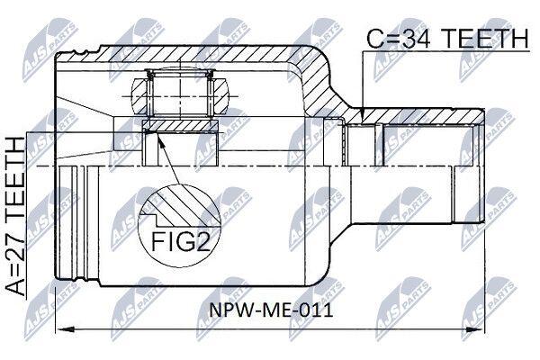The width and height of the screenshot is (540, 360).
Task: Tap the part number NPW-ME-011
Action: coord(272,310)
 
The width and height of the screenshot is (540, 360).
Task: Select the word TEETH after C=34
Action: coord(485,39)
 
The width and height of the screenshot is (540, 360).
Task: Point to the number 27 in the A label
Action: coord(15,247)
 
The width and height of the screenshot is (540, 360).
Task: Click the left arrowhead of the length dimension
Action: coord(66,329)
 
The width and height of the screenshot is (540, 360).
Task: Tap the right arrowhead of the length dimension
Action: coord(474,329)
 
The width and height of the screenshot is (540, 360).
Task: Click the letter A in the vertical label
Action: coord(15,286)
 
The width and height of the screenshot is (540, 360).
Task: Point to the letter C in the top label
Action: coord(376,39)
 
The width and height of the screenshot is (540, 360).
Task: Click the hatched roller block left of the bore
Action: coord(139,95)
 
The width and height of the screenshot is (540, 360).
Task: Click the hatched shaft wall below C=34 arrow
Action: coord(413,116)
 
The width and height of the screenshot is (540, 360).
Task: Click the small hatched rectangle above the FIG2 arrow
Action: coord(180,125)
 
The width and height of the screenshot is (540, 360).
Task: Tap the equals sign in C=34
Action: coord(393,40)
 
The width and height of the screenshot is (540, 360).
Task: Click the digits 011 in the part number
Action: coord(319,310)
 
